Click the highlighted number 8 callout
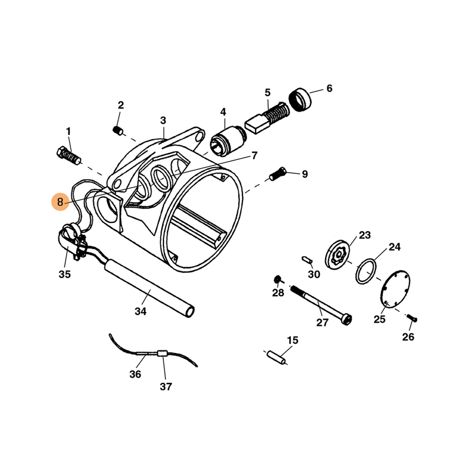click(60, 202)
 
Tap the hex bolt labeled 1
click(68, 156)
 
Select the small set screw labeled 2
click(119, 131)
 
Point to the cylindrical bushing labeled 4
click(228, 140)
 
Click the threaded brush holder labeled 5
click(267, 118)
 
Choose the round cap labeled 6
click(300, 100)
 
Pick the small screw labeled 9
click(278, 173)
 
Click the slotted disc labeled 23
click(337, 255)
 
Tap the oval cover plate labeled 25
click(395, 289)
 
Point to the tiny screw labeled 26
click(412, 318)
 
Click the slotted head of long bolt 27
click(348, 319)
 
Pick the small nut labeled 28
click(277, 279)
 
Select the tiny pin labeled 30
click(307, 260)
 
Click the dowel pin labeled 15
click(276, 358)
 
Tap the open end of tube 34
click(190, 312)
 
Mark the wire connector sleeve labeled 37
click(162, 353)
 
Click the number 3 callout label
click(163, 120)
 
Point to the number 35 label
click(64, 274)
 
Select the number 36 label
click(135, 374)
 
